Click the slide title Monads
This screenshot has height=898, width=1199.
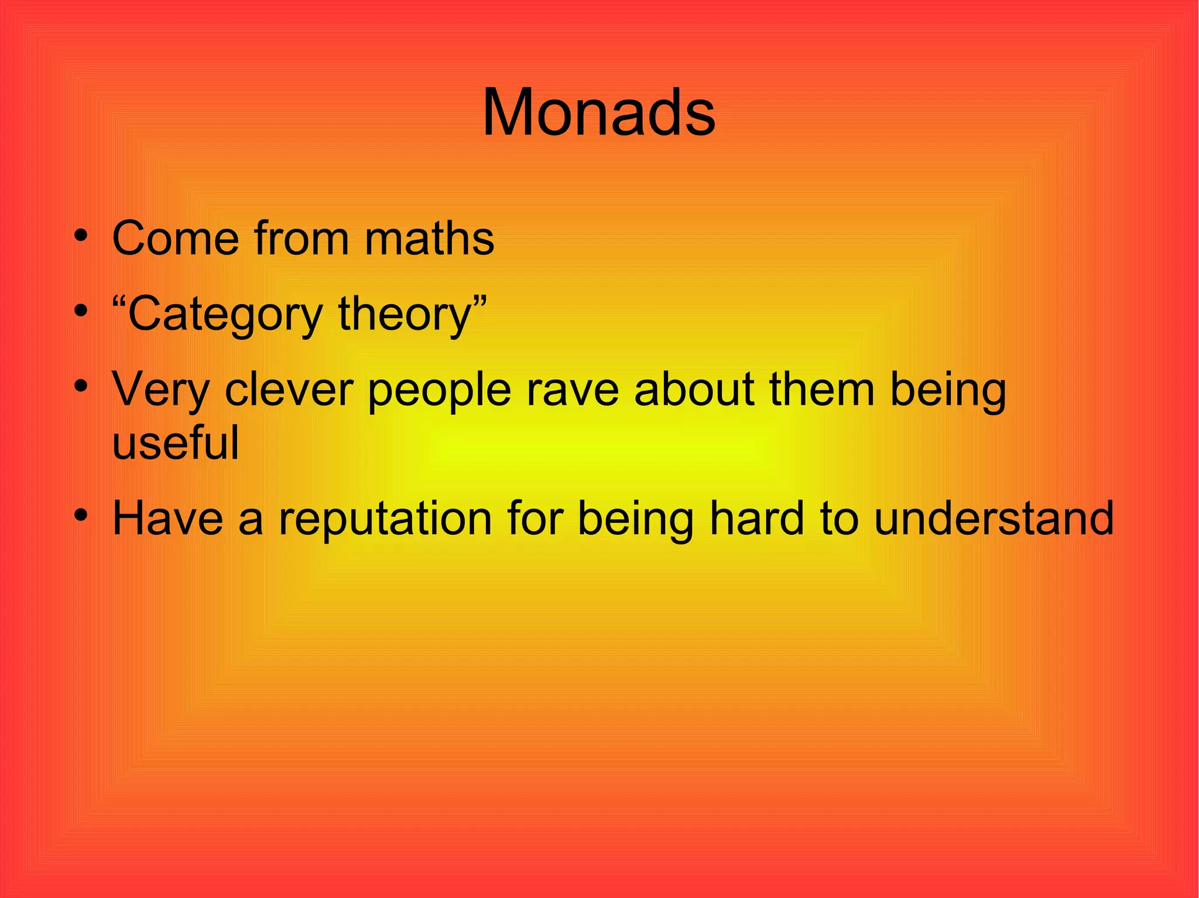coord(598,112)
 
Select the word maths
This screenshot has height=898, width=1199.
coord(429,239)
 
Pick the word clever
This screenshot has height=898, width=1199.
coord(289,390)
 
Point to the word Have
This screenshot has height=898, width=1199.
coord(167,518)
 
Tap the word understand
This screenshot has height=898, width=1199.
coord(994,518)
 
